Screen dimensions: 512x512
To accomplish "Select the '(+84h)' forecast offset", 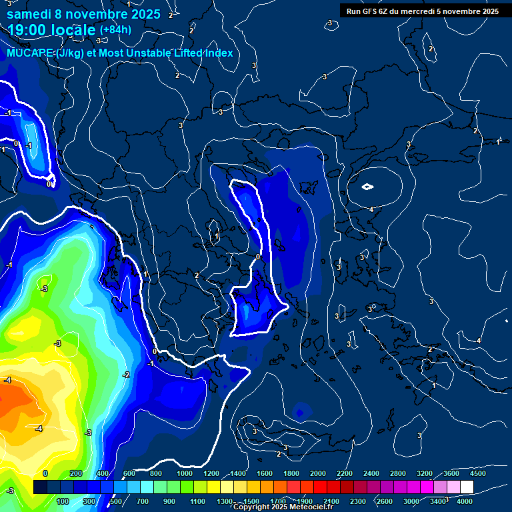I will (x=115, y=30).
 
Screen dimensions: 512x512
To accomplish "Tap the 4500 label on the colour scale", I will (x=477, y=473).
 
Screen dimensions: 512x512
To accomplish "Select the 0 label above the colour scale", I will (x=45, y=473).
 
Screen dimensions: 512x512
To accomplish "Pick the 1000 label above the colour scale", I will (x=185, y=473).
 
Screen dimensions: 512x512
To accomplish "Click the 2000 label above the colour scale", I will (x=318, y=473).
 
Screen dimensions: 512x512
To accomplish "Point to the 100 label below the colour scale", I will (x=63, y=501).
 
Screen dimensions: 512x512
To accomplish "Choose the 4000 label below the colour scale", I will (x=465, y=501).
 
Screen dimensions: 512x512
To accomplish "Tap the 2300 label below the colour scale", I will (x=358, y=501).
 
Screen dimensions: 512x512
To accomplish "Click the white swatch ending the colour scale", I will (x=467, y=487).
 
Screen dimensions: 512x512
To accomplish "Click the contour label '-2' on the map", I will (x=126, y=375).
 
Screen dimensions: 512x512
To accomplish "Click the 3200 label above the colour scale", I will (x=424, y=473).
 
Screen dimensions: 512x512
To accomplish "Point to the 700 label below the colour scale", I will (x=143, y=501).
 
